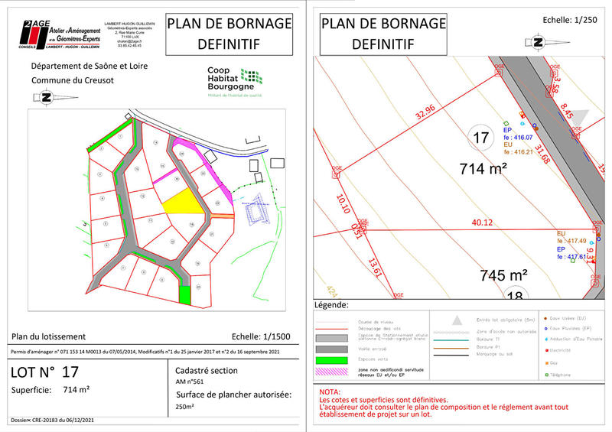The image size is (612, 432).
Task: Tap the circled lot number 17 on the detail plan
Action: pos(481,138)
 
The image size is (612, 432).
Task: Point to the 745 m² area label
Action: pos(504,274)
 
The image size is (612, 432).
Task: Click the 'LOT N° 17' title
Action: pos(44,373)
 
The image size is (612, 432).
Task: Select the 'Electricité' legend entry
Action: pos(562,350)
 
